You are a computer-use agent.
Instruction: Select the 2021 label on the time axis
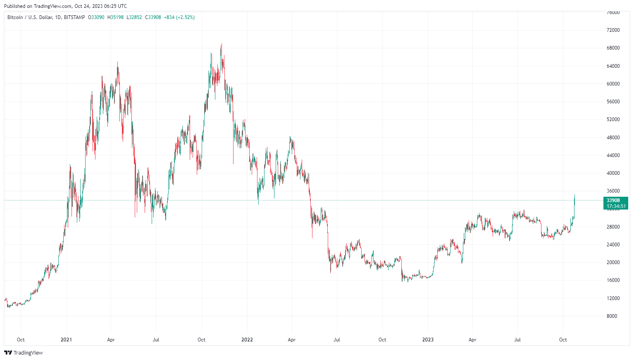[x=66, y=340]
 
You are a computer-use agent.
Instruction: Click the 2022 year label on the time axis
[x=247, y=340]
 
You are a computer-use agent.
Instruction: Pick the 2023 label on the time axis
[x=428, y=340]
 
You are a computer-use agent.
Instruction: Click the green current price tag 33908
[x=613, y=200]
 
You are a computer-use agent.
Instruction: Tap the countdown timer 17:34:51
[x=616, y=206]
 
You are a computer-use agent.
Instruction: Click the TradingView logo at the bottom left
[x=24, y=353]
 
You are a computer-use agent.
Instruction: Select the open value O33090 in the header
[x=96, y=17]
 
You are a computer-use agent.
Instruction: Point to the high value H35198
[x=115, y=17]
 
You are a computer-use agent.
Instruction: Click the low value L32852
[x=134, y=17]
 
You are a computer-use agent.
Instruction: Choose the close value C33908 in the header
[x=153, y=17]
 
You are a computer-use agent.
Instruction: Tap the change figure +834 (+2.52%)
[x=179, y=17]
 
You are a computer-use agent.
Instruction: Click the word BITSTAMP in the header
[x=74, y=17]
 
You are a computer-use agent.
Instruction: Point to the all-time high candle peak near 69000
[x=222, y=45]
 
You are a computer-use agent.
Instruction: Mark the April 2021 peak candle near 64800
[x=117, y=63]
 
